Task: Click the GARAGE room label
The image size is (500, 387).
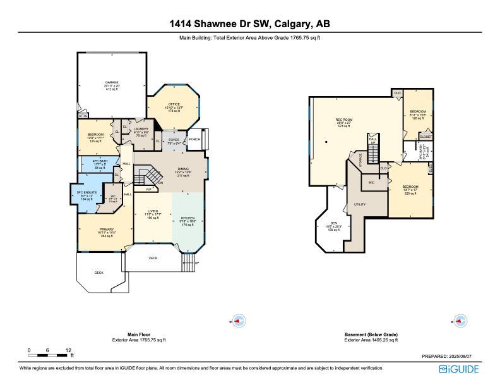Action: click(112, 82)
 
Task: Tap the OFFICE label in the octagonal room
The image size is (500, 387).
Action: click(174, 104)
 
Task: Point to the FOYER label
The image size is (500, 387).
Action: click(174, 139)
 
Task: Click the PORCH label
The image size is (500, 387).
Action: click(194, 139)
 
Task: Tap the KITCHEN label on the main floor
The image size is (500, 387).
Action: click(187, 218)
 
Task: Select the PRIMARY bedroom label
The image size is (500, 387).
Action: click(105, 230)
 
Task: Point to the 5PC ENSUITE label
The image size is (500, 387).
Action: click(85, 192)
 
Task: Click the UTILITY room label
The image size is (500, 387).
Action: click(360, 204)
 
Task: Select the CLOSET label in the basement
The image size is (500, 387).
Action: click(426, 137)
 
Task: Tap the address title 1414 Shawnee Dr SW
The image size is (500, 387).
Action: click(249, 24)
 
